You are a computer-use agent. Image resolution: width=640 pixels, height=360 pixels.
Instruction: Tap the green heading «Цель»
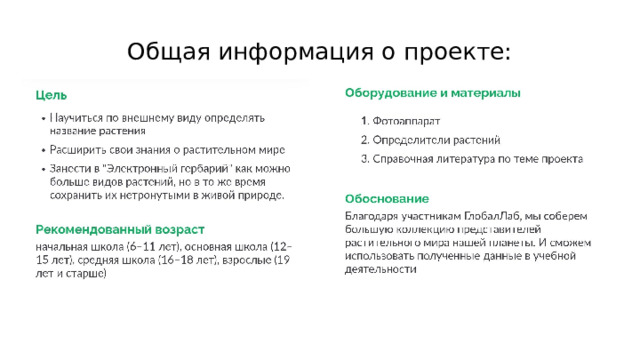pos(51,96)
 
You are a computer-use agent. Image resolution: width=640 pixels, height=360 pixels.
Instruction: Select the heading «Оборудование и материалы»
pos(432,93)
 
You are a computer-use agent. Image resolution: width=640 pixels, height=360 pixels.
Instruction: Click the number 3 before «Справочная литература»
pos(364,158)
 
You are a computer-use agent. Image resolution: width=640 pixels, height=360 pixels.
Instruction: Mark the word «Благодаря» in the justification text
pos(374,215)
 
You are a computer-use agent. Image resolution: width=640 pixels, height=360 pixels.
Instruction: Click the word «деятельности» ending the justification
pos(380,268)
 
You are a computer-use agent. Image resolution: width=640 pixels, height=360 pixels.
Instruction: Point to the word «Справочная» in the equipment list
pos(406,158)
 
